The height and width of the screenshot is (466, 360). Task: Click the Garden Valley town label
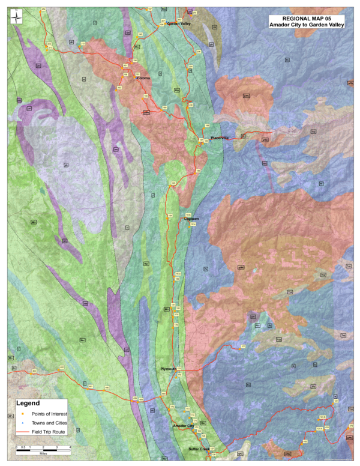pyautogui.click(x=179, y=23)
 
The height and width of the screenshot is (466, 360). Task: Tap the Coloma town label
pyautogui.click(x=143, y=78)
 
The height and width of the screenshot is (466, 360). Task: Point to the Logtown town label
pyautogui.click(x=191, y=219)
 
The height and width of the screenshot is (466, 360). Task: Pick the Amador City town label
pyautogui.click(x=183, y=426)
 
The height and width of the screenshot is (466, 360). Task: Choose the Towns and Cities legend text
pyautogui.click(x=50, y=423)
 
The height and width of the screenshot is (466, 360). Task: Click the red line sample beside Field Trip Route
pyautogui.click(x=22, y=432)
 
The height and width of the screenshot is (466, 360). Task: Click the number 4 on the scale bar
pyautogui.click(x=71, y=447)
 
